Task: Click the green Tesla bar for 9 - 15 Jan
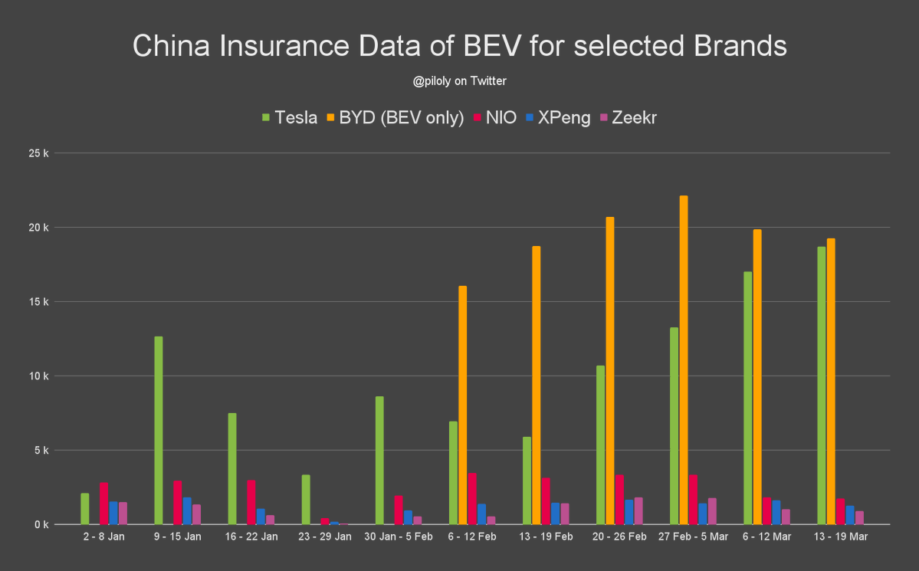pos(159,430)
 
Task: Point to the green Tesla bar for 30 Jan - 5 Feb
pos(379,460)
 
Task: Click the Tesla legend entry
pos(289,117)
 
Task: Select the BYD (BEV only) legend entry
pos(395,117)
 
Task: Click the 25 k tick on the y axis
pos(39,153)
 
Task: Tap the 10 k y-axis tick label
pos(39,376)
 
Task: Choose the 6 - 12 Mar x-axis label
pos(768,537)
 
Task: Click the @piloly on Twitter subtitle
pos(460,80)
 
